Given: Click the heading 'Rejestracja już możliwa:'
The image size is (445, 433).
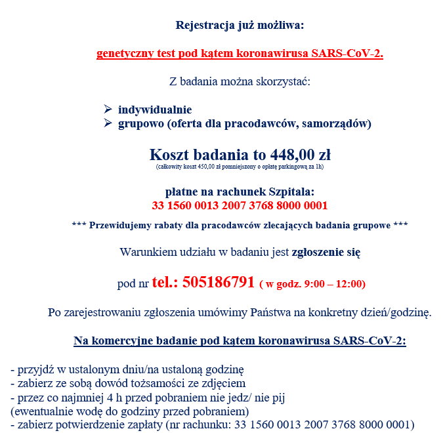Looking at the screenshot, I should (x=240, y=26).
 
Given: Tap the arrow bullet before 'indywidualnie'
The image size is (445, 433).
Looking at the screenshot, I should (x=108, y=109).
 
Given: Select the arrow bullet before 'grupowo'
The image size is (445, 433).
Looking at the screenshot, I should (x=108, y=123).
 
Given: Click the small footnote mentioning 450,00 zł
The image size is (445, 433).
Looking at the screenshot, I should (x=240, y=167).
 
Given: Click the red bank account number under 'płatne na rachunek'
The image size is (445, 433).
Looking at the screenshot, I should (x=240, y=205).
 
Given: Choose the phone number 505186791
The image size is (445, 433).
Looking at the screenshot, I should (x=218, y=283).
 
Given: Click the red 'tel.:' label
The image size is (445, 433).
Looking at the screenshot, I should (x=165, y=283).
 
